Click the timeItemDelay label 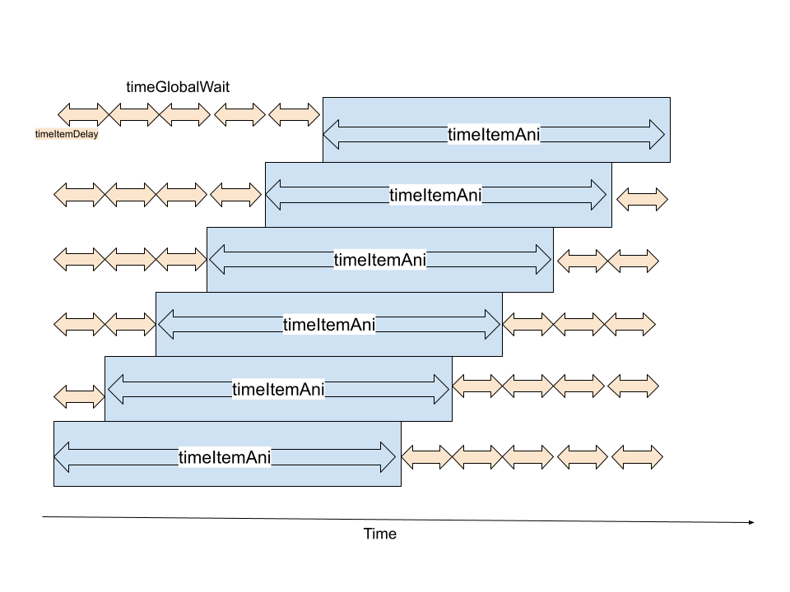[x=67, y=134]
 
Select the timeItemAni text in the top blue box [x=494, y=135]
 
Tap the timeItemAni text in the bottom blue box [x=225, y=457]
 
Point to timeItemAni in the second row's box [x=435, y=195]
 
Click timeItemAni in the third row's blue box [x=379, y=260]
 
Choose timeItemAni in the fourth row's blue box [x=328, y=324]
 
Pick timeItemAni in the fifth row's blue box [x=278, y=389]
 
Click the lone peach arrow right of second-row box [x=642, y=198]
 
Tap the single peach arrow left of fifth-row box [x=80, y=396]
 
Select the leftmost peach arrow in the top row [x=83, y=114]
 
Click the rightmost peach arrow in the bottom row [x=637, y=456]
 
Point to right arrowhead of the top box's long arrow [x=656, y=135]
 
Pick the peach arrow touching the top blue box [x=294, y=114]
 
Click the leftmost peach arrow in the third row [x=80, y=259]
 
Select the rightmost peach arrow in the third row [x=633, y=261]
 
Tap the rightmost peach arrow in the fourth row [x=630, y=324]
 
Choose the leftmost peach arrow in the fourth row [x=80, y=324]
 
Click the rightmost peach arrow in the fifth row [x=633, y=385]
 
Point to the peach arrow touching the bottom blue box [x=426, y=456]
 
